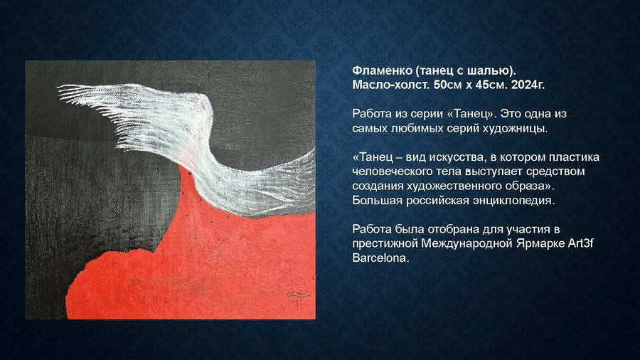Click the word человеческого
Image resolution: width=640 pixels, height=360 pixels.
click(x=393, y=171)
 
